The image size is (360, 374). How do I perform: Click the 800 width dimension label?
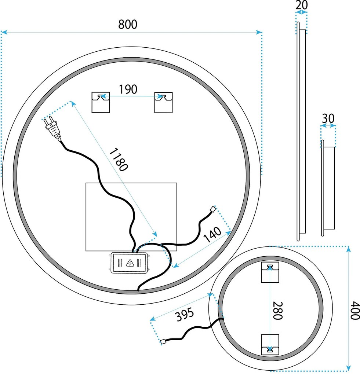tap(128, 25)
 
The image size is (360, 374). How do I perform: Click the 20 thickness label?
tap(301, 5)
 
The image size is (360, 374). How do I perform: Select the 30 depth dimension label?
tap(328, 118)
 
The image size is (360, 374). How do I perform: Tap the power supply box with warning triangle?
tap(129, 263)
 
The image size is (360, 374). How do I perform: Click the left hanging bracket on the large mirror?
tap(100, 102)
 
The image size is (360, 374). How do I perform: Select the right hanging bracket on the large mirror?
tap(163, 102)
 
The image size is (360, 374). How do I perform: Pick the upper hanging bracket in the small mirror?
tap(270, 272)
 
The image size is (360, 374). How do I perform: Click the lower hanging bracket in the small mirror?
tap(270, 345)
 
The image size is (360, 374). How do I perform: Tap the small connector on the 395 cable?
tap(164, 342)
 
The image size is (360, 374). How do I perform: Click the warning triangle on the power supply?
tap(129, 263)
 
